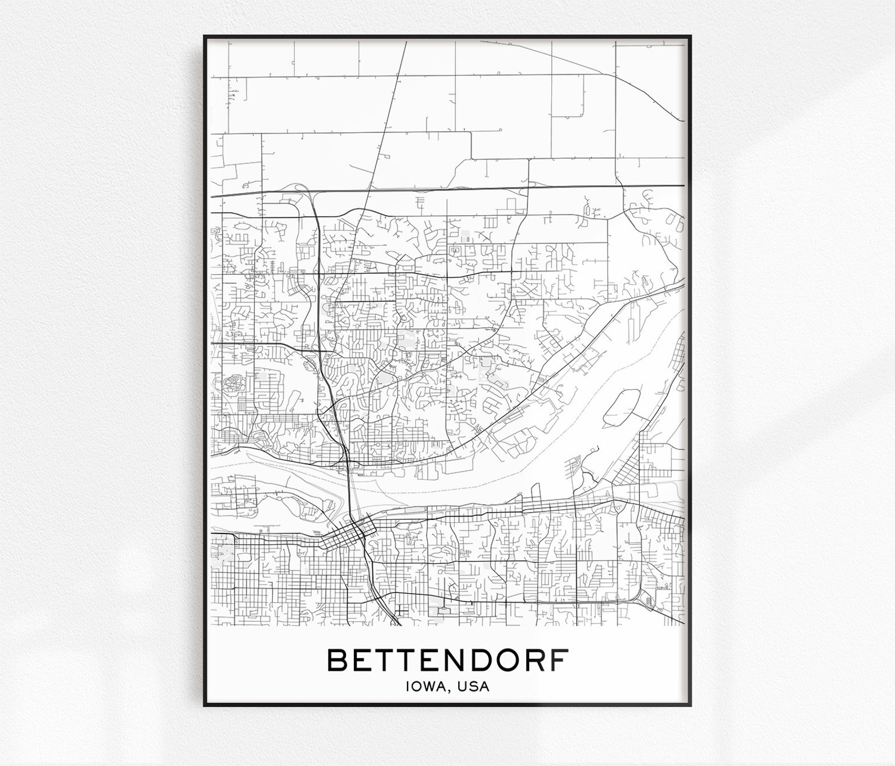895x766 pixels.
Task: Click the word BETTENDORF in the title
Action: click(448, 660)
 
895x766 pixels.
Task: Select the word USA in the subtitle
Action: click(475, 687)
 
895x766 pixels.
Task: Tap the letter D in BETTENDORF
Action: click(478, 660)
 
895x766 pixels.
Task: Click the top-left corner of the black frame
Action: click(205, 37)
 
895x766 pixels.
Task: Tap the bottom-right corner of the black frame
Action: click(692, 705)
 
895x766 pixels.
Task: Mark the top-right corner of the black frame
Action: click(692, 37)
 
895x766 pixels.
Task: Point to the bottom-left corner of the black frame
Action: click(205, 705)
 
